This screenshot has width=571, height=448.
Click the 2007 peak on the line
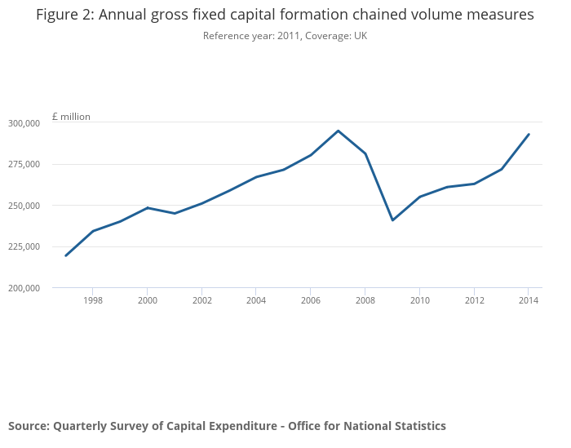[x=339, y=131]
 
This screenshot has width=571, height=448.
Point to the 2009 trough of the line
[x=392, y=220]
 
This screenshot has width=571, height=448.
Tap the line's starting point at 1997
[x=66, y=255]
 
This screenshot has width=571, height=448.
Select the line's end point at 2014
[x=529, y=135]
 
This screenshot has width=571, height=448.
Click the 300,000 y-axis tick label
[x=24, y=123]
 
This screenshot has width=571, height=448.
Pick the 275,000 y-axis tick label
[x=24, y=165]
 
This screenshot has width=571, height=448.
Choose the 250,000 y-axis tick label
[x=24, y=206]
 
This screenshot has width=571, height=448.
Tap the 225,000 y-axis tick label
[x=24, y=246]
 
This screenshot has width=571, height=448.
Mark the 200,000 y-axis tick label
[x=24, y=288]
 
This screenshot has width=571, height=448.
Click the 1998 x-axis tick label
[x=93, y=300]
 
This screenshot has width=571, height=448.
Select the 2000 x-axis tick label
[x=148, y=300]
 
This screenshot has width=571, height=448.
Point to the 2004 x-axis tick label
[x=256, y=300]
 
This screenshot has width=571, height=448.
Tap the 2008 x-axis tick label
[x=365, y=300]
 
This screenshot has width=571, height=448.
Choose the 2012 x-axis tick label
[x=474, y=300]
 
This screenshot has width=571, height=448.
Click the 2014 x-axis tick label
[x=529, y=300]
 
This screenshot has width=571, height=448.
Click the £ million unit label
[x=71, y=117]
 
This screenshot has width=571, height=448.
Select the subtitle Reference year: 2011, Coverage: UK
[x=285, y=36]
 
